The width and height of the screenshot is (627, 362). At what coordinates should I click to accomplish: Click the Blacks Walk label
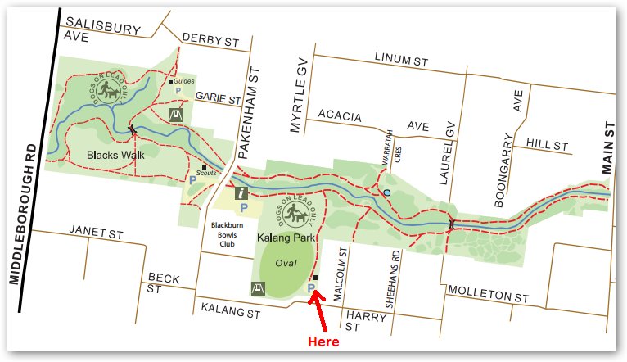(111, 153)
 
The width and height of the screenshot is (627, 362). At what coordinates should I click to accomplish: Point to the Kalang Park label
(286, 238)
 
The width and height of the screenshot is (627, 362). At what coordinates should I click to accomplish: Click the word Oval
(286, 264)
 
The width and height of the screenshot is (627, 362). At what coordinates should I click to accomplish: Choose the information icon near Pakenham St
(241, 193)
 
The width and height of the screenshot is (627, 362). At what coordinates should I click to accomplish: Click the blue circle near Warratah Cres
(386, 193)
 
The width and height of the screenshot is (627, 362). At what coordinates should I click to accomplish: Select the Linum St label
(401, 60)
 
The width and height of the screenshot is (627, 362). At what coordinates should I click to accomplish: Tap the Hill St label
(547, 145)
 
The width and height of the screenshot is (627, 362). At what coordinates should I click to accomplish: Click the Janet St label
(96, 233)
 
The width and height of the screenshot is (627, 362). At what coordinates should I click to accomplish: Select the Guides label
(184, 81)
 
